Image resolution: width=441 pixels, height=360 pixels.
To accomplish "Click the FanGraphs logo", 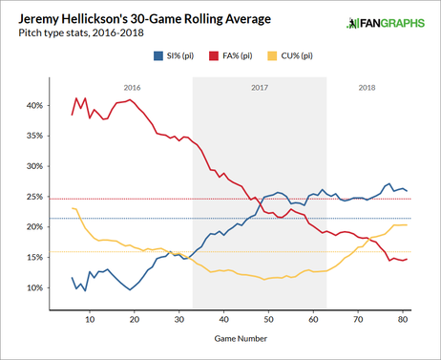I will pos(389,20).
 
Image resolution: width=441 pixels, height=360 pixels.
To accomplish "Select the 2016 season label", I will pos(133,87).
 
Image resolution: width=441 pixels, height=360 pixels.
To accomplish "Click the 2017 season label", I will pos(260,87).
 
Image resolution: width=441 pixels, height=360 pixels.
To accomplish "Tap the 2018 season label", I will pos(366,87).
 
